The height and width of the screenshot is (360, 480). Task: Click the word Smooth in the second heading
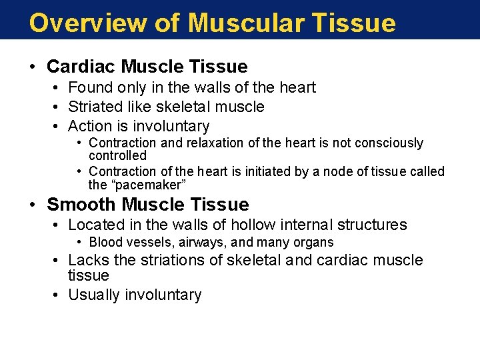tap(81, 205)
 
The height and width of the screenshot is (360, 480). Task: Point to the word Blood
tap(105, 243)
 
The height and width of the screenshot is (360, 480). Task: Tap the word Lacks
tap(88, 260)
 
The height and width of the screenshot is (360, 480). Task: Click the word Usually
tap(94, 295)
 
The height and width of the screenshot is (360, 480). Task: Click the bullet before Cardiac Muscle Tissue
tap(33, 67)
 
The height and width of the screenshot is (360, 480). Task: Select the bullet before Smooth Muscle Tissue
tap(33, 205)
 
